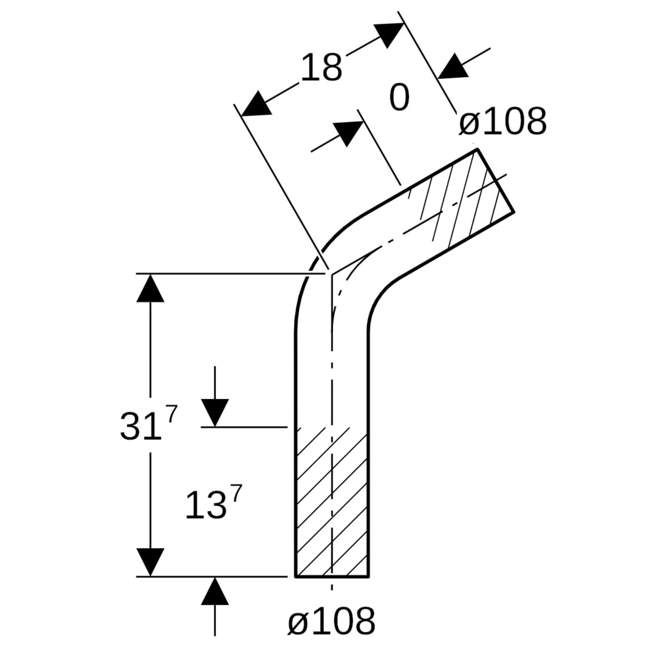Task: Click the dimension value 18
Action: [x=321, y=68]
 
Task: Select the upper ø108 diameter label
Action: [x=503, y=122]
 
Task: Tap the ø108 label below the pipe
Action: [x=331, y=622]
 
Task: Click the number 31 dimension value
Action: [x=140, y=425]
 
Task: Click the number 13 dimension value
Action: [x=205, y=506]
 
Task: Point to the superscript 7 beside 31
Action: [x=171, y=414]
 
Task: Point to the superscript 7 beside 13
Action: [x=236, y=493]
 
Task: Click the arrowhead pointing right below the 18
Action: [x=348, y=132]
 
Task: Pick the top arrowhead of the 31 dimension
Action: [x=150, y=289]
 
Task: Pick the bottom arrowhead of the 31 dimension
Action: [x=150, y=561]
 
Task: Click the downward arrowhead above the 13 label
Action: [x=215, y=412]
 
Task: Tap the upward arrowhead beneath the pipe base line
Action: [x=215, y=592]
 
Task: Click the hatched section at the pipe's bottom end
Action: [x=332, y=503]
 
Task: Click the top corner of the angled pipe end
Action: [x=477, y=149]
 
